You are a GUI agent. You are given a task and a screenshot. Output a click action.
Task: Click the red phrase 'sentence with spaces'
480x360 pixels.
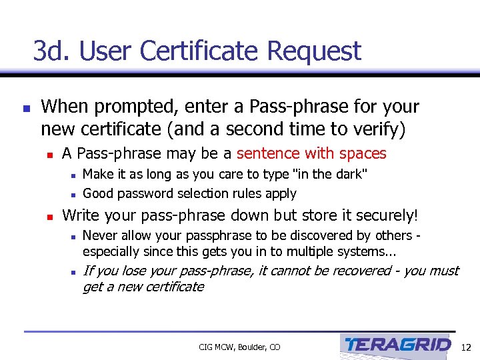click(x=311, y=153)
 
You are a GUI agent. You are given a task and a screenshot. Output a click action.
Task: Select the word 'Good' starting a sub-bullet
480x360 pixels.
click(x=97, y=193)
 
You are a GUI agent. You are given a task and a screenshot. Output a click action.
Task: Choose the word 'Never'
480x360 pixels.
click(x=99, y=235)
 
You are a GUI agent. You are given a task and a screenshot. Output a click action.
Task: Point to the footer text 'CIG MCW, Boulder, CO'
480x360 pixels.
click(x=239, y=347)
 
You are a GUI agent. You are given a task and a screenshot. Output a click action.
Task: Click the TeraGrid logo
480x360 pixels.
click(x=397, y=345)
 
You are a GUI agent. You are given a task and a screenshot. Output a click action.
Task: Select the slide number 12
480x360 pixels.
click(x=466, y=347)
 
